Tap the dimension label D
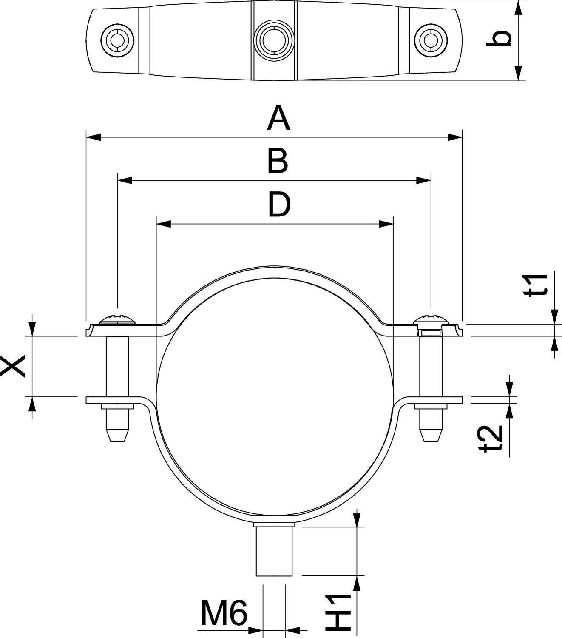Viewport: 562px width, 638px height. pyautogui.click(x=279, y=205)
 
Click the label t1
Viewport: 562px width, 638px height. pyautogui.click(x=536, y=285)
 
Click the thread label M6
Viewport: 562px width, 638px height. pyautogui.click(x=224, y=613)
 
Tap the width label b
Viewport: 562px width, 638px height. pyautogui.click(x=499, y=39)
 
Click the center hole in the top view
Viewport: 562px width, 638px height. pyautogui.click(x=274, y=40)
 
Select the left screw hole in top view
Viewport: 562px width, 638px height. pyautogui.click(x=117, y=40)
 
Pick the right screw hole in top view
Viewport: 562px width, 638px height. pyautogui.click(x=431, y=40)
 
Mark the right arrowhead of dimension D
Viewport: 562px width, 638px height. pyautogui.click(x=386, y=224)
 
